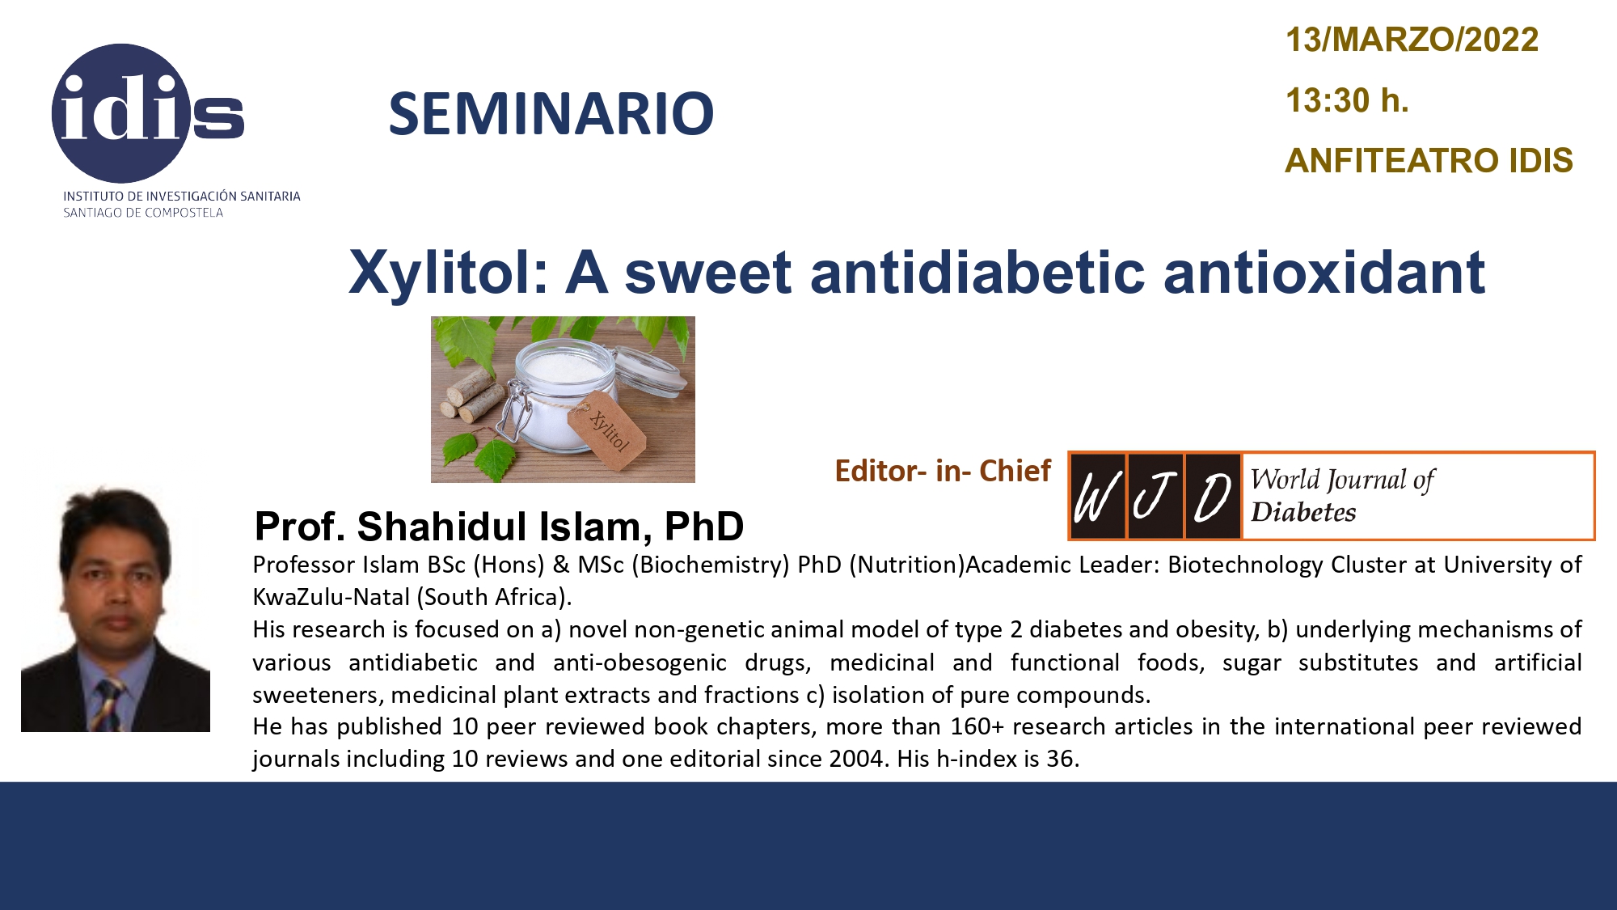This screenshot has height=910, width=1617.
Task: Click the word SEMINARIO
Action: pyautogui.click(x=551, y=113)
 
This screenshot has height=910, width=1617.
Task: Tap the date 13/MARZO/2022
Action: pyautogui.click(x=1412, y=40)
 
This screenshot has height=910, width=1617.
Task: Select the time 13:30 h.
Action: pyautogui.click(x=1347, y=100)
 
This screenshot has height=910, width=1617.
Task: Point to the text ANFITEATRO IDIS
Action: pyautogui.click(x=1429, y=160)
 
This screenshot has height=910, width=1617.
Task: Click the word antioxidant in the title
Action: pyautogui.click(x=1324, y=272)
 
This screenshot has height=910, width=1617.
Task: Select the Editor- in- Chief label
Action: pyautogui.click(x=943, y=471)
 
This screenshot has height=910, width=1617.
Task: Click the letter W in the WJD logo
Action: pyautogui.click(x=1098, y=497)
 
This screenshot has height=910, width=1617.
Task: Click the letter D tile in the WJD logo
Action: pyautogui.click(x=1213, y=497)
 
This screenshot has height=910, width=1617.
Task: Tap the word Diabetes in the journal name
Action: pyautogui.click(x=1303, y=512)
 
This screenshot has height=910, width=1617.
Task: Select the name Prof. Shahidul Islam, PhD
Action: pyautogui.click(x=499, y=527)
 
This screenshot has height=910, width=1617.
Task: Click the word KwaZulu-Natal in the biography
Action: pyautogui.click(x=331, y=597)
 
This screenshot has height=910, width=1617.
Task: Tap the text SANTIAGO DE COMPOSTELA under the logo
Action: pyautogui.click(x=143, y=213)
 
